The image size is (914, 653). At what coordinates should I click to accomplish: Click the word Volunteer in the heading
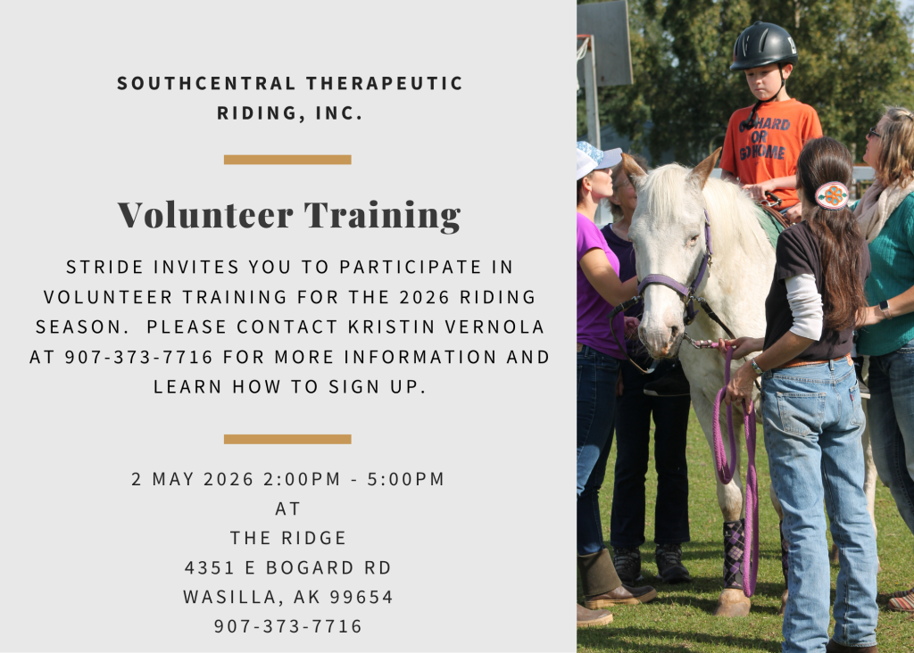(x=205, y=214)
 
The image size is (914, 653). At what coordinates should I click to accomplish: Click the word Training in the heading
(x=382, y=216)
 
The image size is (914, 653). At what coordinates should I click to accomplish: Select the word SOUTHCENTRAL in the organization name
(x=206, y=83)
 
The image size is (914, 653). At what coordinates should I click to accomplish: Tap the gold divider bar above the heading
(x=287, y=160)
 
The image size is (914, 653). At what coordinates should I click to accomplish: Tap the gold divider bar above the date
(x=287, y=439)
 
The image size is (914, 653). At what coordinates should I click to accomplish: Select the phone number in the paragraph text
(x=138, y=357)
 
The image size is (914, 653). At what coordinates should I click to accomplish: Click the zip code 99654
(x=361, y=597)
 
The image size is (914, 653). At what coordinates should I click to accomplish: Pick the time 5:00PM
(x=406, y=479)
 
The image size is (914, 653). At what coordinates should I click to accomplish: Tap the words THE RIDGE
(x=288, y=538)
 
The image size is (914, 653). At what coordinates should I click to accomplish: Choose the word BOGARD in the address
(x=310, y=567)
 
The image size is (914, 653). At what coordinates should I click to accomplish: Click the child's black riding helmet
(x=764, y=45)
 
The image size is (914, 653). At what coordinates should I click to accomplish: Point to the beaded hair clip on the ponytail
(x=832, y=195)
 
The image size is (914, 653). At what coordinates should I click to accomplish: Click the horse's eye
(x=692, y=239)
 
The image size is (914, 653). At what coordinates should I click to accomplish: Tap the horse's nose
(x=658, y=341)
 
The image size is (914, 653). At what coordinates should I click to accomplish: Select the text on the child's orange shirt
(x=764, y=138)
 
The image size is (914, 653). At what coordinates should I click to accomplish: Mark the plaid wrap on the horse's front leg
(x=734, y=553)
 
